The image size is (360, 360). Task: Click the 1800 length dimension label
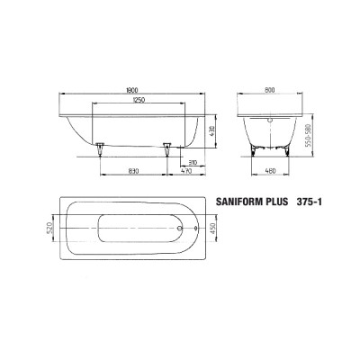132,90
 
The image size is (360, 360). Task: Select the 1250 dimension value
139,100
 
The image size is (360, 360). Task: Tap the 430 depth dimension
211,131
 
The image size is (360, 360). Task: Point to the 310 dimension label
193,163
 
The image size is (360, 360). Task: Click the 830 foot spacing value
133,171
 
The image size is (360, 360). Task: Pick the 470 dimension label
186,171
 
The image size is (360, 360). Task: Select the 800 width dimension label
270,90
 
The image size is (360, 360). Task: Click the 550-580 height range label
308,136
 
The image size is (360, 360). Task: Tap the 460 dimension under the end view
271,171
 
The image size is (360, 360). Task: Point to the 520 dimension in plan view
49,228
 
